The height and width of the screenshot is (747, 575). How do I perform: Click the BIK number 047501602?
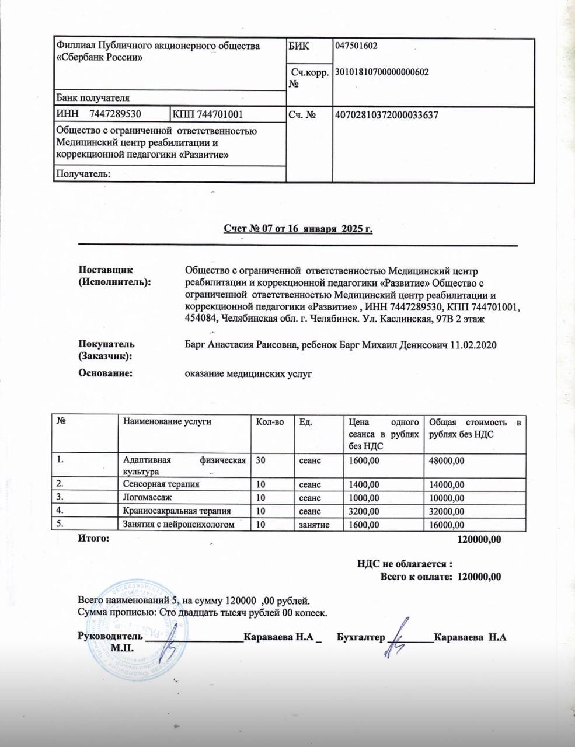tap(356, 46)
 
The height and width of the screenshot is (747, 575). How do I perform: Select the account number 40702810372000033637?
tap(385, 115)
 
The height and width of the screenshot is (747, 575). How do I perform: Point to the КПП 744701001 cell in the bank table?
tap(208, 115)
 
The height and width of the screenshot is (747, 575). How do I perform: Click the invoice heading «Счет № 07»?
tap(298, 229)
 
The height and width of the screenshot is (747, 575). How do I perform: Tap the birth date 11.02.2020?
tap(473, 345)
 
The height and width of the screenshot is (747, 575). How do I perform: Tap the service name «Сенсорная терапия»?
tap(161, 484)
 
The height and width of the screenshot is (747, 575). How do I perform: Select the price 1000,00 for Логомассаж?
tap(364, 498)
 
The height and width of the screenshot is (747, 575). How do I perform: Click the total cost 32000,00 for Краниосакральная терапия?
tap(447, 511)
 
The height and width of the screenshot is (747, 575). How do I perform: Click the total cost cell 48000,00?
tap(447, 460)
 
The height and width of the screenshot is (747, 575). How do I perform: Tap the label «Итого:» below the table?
tap(93, 539)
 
